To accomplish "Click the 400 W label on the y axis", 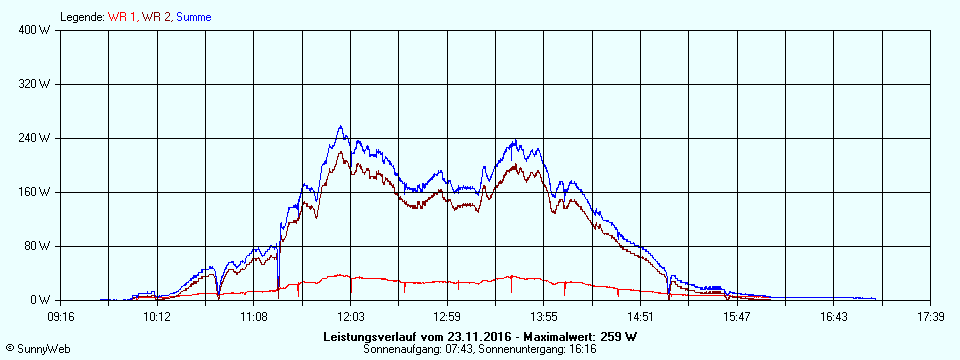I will pyautogui.click(x=36, y=30).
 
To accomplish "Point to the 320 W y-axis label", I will pyautogui.click(x=36, y=84).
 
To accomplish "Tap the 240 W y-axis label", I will pyautogui.click(x=36, y=138).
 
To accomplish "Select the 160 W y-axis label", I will pyautogui.click(x=36, y=192).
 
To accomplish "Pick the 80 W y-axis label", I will pyautogui.click(x=38, y=246).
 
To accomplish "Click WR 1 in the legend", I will pyautogui.click(x=122, y=17).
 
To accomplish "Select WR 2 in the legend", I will pyautogui.click(x=156, y=17).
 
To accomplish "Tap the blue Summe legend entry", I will pyautogui.click(x=193, y=17).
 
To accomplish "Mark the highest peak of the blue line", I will pyautogui.click(x=340, y=126).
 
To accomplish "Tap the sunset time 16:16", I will pyautogui.click(x=583, y=350).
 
